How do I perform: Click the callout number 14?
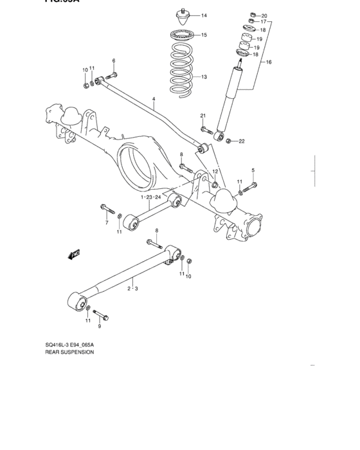pyautogui.click(x=204, y=15)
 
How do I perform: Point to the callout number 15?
pyautogui.click(x=204, y=35)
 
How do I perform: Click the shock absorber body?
pyautogui.click(x=229, y=103)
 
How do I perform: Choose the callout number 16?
pyautogui.click(x=269, y=62)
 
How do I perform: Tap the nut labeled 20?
pyautogui.click(x=253, y=15)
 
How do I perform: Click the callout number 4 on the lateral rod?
pyautogui.click(x=154, y=99)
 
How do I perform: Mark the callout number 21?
pyautogui.click(x=202, y=115)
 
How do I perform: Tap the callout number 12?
pyautogui.click(x=215, y=172)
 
